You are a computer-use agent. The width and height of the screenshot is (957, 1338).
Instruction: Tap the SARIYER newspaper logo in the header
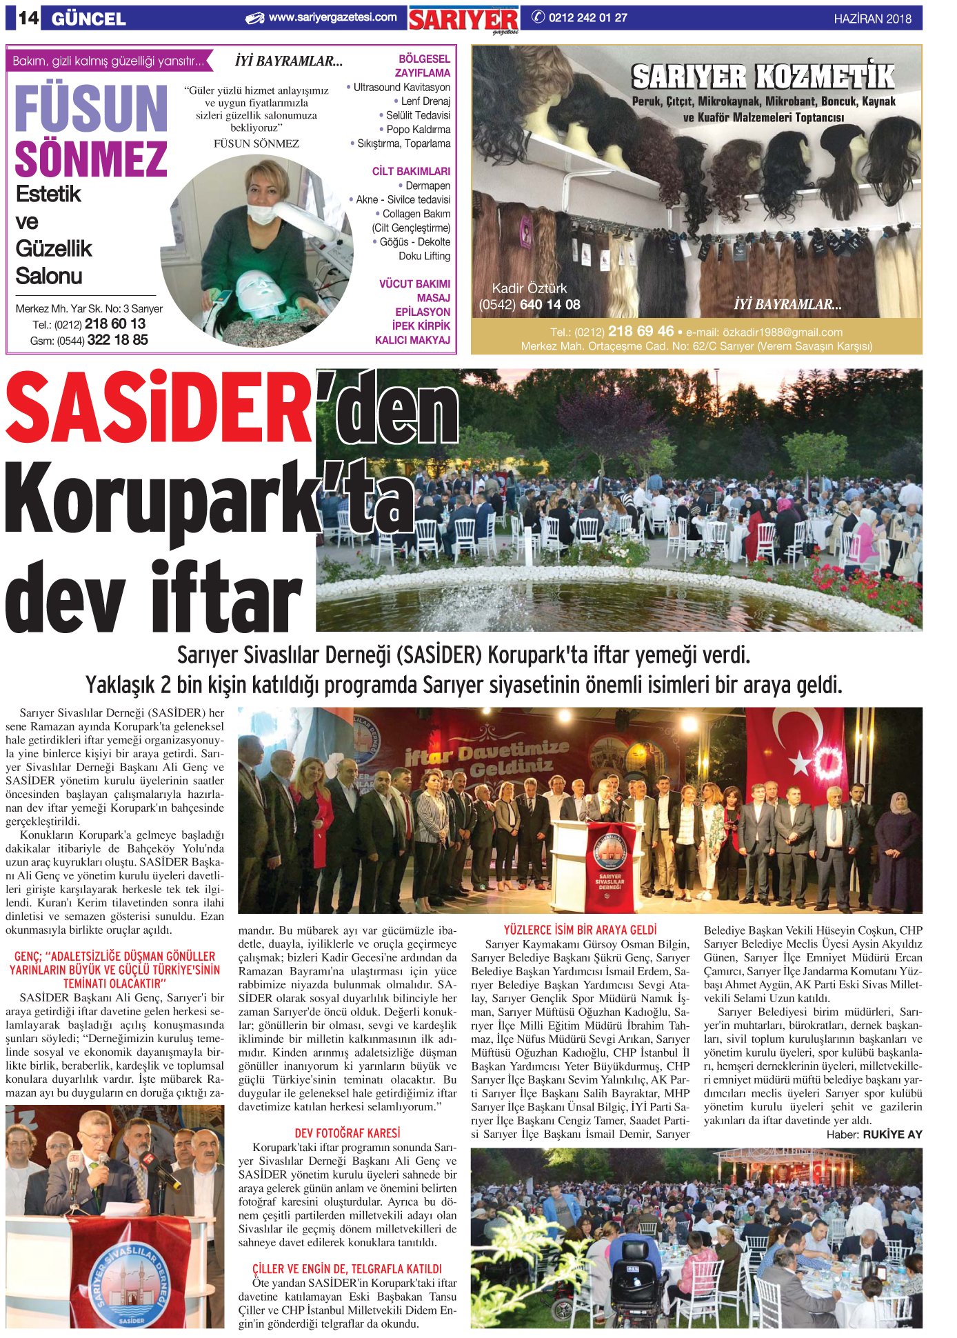pos(463,20)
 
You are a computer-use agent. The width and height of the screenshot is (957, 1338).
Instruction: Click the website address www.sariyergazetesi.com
pos(332,17)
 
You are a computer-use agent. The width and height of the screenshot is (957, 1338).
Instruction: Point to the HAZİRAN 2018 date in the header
pos(872,19)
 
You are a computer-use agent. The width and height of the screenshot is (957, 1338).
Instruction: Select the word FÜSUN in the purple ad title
pos(90,109)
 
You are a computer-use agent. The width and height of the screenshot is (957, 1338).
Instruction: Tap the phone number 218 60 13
pos(115,323)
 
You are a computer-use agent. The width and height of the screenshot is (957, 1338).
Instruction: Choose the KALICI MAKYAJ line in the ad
pos(412,340)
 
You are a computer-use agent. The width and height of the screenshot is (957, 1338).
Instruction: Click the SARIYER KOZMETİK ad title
pos(763,77)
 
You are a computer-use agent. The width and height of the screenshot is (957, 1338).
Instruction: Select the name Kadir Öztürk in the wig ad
pos(529,288)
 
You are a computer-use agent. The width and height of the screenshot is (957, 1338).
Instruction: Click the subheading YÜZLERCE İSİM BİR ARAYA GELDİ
pos(580,930)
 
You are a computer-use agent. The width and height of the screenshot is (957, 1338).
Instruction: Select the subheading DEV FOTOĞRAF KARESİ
pos(347,1132)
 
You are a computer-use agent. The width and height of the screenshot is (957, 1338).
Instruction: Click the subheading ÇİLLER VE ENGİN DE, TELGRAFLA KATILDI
pos(347,1268)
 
